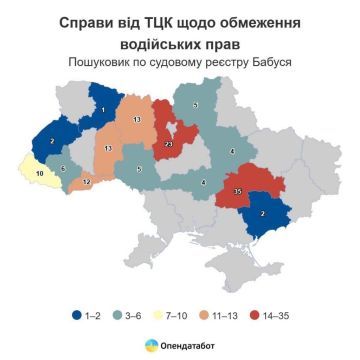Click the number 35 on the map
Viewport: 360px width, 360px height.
(237, 191)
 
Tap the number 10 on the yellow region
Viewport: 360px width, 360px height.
(40, 174)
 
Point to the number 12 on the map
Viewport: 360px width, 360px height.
(87, 183)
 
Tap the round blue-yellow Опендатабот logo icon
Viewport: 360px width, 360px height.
(151, 344)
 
